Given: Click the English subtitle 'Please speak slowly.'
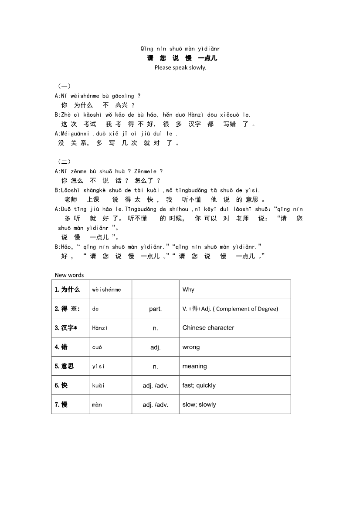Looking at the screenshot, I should pos(180,67).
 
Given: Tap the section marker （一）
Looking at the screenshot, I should pos(65,86).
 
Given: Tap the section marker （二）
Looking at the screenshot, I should pos(65,162).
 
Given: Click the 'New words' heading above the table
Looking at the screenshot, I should pos(69,275).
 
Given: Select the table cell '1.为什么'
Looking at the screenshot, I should pos(68,290).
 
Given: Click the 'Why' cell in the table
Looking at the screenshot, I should pos(188,290).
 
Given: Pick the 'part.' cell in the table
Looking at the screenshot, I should pos(155,309).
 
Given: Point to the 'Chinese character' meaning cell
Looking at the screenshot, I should pos(208,328).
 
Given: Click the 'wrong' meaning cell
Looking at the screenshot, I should pos(191,347).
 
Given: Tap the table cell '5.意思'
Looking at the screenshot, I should pos(65,366).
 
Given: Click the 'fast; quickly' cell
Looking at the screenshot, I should pos(199,385).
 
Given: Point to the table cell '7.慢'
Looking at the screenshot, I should pos(61,405).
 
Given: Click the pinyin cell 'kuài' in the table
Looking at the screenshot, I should pos(98,385).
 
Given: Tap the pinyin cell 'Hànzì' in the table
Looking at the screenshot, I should pos(100,328).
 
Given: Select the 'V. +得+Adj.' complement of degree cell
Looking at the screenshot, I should pos(230,309).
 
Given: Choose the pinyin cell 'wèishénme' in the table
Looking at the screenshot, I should pos(106,290).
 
